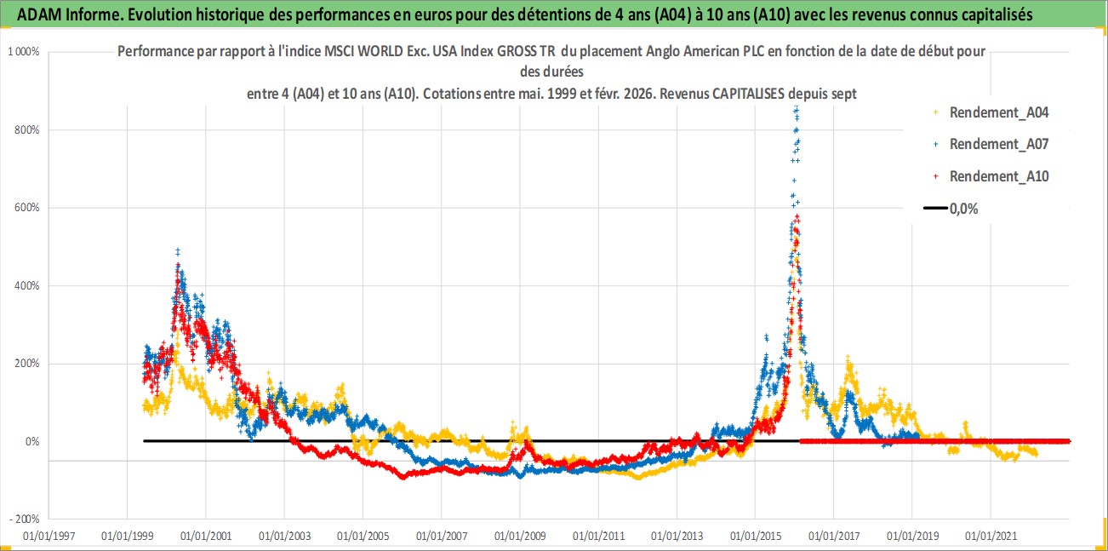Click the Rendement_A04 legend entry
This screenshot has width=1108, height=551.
pyautogui.click(x=999, y=112)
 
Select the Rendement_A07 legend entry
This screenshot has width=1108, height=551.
pyautogui.click(x=999, y=144)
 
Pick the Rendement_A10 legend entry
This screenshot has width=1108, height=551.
pyautogui.click(x=999, y=176)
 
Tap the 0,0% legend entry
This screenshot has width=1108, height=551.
pyautogui.click(x=962, y=209)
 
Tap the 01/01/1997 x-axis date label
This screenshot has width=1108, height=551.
pyautogui.click(x=49, y=537)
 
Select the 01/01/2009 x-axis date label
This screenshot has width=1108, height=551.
pyautogui.click(x=520, y=537)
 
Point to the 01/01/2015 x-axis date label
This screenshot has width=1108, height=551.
pyautogui.click(x=756, y=537)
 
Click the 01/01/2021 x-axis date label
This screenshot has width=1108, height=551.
pyautogui.click(x=991, y=537)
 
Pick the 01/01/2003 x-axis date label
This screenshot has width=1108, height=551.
pyautogui.click(x=285, y=537)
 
